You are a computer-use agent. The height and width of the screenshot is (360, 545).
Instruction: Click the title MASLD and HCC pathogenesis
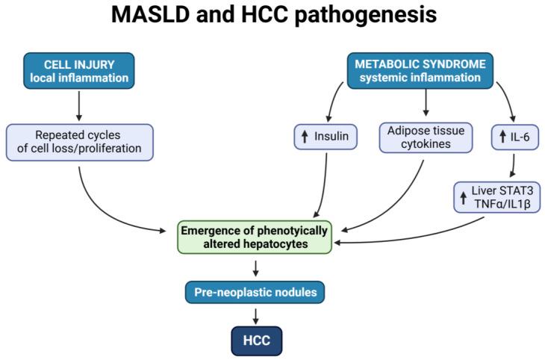click(x=272, y=17)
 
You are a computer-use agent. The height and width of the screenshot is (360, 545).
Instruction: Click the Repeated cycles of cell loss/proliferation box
click(x=80, y=142)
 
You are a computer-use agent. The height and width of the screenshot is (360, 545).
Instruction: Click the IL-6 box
click(x=515, y=136)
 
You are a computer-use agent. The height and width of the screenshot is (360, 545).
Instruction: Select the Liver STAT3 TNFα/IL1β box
click(x=496, y=197)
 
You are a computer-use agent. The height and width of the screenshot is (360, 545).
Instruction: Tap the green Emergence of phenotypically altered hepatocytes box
click(x=255, y=238)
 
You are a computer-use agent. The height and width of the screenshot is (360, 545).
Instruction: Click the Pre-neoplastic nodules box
click(x=255, y=291)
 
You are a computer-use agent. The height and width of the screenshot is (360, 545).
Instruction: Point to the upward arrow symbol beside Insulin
click(x=305, y=136)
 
